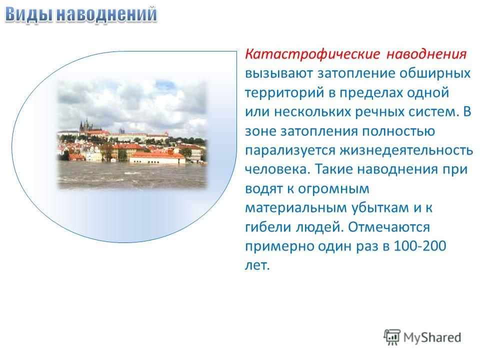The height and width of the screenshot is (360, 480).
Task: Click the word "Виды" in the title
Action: [x=29, y=14]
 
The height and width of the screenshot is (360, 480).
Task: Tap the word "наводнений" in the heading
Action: [x=107, y=14]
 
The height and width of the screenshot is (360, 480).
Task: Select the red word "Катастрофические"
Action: [x=312, y=54]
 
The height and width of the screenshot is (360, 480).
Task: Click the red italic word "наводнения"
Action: [x=426, y=54]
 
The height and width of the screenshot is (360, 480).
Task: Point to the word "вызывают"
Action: [x=279, y=74]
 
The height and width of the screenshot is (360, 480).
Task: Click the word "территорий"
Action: [x=284, y=93]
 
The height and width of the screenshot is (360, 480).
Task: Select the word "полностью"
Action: [x=398, y=131]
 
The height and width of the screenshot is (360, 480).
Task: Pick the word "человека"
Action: [x=277, y=169]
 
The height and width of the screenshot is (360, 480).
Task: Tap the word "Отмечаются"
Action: [x=389, y=227]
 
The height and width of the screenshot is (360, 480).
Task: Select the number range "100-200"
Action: [x=419, y=246]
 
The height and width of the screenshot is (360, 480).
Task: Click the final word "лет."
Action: [x=257, y=265]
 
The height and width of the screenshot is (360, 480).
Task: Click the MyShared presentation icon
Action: [x=392, y=337]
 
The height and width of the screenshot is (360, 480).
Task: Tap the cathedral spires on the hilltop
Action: [x=85, y=125]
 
